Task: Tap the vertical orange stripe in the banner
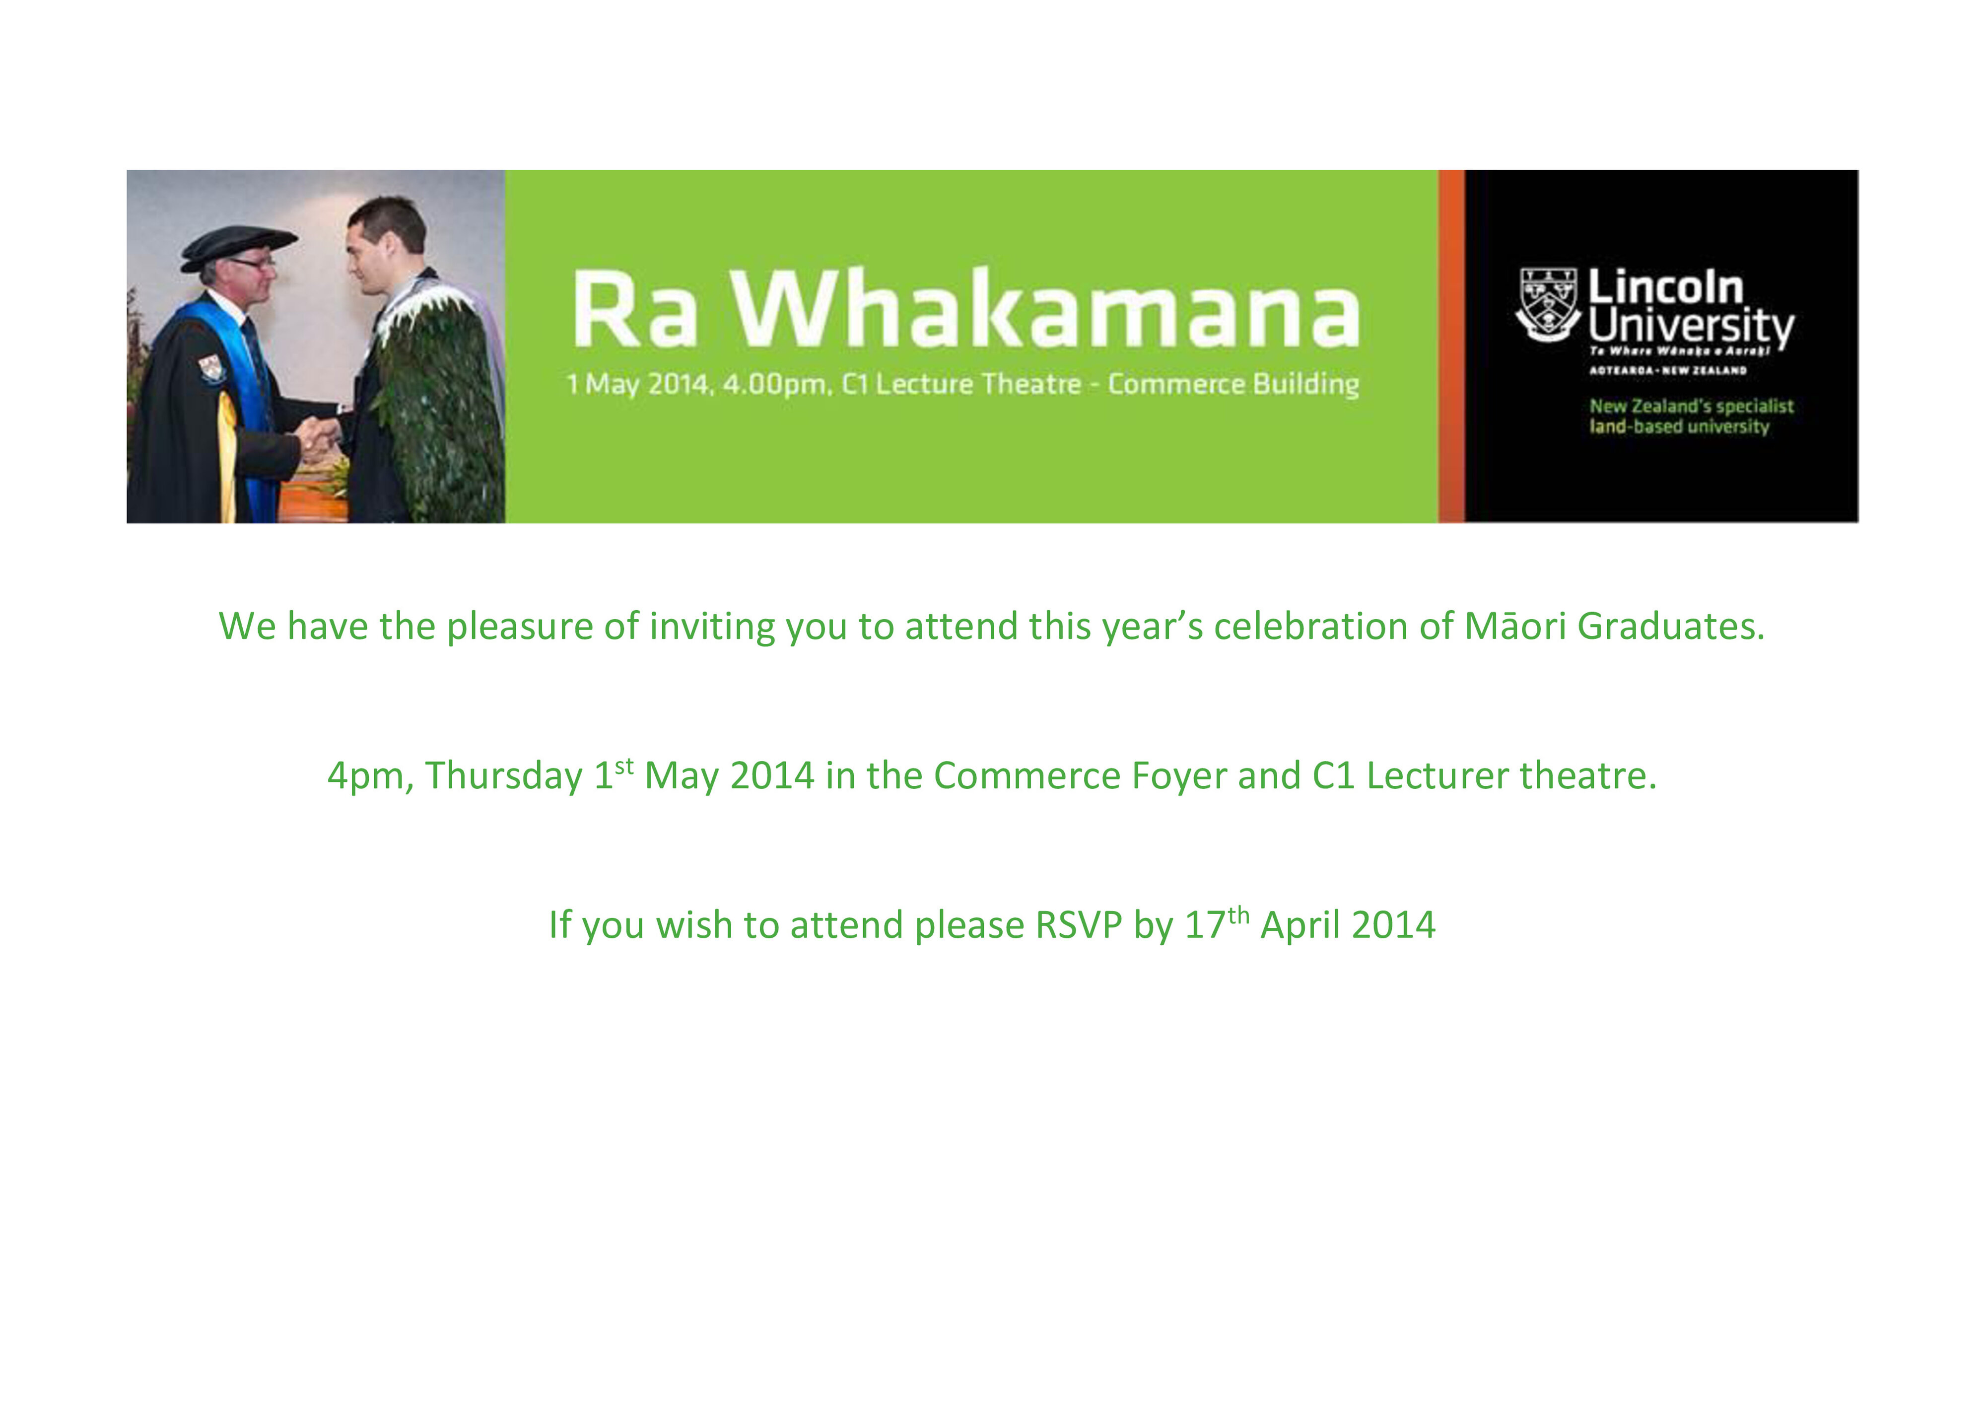coord(1451,346)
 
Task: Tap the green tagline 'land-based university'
coord(1678,426)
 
